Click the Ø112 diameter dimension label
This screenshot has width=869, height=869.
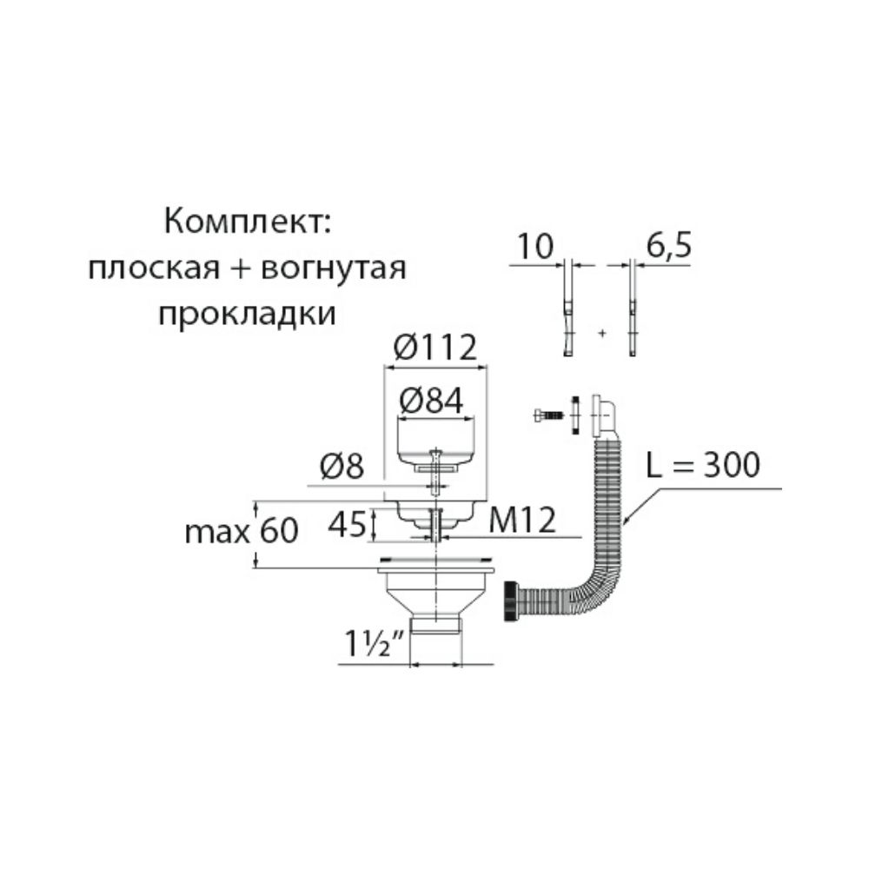[435, 348]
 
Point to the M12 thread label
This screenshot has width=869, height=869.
[521, 521]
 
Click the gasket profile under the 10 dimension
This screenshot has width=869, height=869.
[567, 313]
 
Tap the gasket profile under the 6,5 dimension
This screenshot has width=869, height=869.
[633, 313]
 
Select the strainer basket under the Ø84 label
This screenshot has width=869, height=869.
[437, 439]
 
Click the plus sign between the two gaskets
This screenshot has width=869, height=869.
[601, 333]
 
